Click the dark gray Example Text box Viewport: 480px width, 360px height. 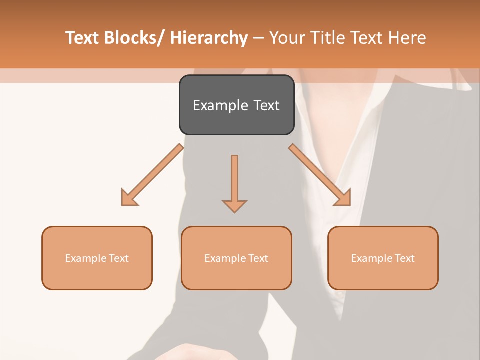pyautogui.click(x=236, y=105)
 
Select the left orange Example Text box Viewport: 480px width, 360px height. pyautogui.click(x=97, y=258)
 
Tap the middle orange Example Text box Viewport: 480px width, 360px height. pyautogui.click(x=236, y=258)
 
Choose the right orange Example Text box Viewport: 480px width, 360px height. pyautogui.click(x=383, y=258)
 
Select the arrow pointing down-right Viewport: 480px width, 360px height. pyautogui.click(x=320, y=175)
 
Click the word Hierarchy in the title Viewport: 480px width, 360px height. pyautogui.click(x=209, y=38)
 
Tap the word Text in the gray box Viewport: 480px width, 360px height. pyautogui.click(x=266, y=105)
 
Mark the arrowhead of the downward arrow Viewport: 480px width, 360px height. pyautogui.click(x=234, y=205)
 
